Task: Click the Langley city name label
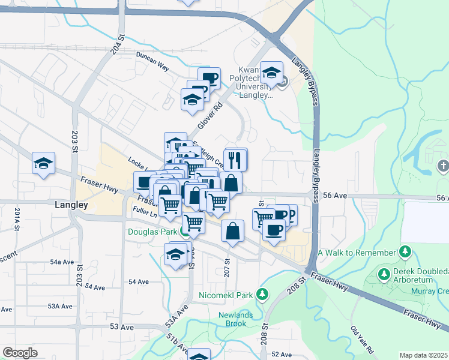pos(71,205)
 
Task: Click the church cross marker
pos(443,165)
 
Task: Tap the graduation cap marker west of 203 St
pos(44,163)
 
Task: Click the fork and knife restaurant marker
pos(235,160)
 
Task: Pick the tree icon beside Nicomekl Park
pos(262,295)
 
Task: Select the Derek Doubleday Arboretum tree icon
pos(384,274)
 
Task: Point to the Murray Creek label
pos(431,291)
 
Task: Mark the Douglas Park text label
pos(152,231)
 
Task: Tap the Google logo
pos(20,353)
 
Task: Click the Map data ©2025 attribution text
pos(424,355)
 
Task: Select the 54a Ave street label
pos(61,262)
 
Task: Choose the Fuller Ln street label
pos(145,213)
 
